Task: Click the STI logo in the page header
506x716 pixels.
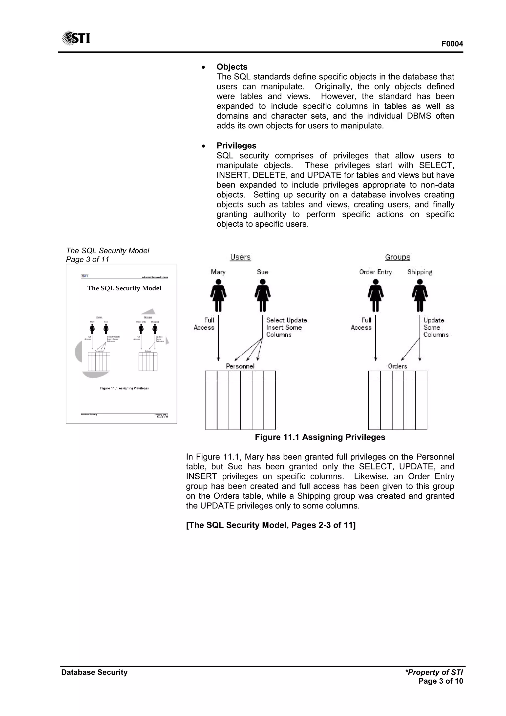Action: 76,38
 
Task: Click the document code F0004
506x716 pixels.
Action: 452,44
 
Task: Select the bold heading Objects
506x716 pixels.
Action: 232,67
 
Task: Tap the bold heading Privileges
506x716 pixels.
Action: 236,146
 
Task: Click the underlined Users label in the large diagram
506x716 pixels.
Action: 240,257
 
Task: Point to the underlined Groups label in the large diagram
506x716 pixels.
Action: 398,257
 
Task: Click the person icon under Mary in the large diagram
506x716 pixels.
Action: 218,295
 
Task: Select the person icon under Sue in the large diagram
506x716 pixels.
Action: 263,295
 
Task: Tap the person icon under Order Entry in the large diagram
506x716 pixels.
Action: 376,295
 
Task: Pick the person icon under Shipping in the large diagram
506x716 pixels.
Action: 420,295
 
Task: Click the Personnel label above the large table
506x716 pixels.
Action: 240,366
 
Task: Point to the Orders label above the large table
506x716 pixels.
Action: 397,366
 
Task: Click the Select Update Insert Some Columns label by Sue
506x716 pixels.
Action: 286,327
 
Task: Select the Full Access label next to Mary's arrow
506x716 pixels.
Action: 204,324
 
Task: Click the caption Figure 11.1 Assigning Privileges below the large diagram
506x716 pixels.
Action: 320,437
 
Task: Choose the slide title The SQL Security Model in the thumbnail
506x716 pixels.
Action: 124,288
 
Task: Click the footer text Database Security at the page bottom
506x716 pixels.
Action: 94,672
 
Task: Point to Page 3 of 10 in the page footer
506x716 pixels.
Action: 441,681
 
